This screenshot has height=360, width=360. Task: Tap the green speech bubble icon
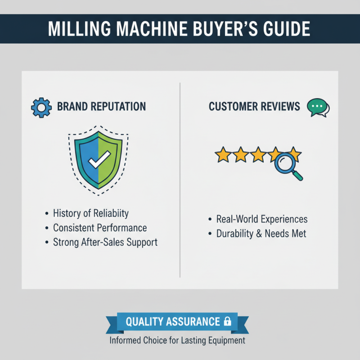point(317,108)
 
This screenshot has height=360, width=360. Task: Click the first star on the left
point(222,155)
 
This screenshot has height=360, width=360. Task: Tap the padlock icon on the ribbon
point(228,322)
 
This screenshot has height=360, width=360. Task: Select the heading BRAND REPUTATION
point(101,107)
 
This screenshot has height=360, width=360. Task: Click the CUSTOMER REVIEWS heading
point(254,107)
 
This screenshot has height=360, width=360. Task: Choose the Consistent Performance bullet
point(100,228)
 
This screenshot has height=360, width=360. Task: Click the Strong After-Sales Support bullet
point(105,242)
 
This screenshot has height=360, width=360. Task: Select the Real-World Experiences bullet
point(262,219)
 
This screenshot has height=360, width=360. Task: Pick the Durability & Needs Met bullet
point(261,234)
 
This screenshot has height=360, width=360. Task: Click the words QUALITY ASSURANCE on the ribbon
point(173,322)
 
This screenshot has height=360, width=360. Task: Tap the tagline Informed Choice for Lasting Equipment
point(177,340)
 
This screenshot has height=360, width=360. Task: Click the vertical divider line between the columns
point(180,180)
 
